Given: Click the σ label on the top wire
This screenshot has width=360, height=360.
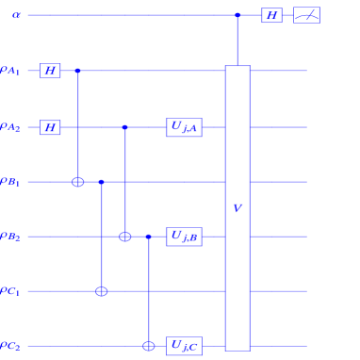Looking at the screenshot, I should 17,15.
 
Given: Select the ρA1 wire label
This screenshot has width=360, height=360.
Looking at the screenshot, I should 10,71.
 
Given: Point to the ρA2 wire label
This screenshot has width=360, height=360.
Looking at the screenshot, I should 10,127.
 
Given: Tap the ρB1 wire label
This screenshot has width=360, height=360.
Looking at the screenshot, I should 10,182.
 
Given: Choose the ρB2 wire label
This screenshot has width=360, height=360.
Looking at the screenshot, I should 10,237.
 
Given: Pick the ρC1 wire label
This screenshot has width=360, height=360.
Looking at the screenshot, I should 10,291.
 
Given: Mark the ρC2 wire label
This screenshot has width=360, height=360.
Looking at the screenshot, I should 10,346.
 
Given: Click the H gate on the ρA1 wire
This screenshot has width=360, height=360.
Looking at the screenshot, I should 50,71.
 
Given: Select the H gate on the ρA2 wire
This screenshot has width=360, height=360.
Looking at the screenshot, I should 50,127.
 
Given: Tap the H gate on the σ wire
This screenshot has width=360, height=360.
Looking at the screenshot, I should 271,15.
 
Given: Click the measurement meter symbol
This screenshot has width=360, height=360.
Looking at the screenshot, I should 306,15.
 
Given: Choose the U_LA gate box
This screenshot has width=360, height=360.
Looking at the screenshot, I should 184,127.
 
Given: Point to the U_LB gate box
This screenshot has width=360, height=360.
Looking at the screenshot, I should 184,237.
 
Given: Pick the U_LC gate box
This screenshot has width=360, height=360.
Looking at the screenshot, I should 184,346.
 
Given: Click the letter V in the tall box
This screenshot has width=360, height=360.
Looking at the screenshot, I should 237,208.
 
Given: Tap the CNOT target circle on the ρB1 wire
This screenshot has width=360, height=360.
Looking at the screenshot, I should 78,182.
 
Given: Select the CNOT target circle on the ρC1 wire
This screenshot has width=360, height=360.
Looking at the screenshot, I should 102,291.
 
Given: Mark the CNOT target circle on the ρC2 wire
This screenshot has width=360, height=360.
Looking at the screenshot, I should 149,346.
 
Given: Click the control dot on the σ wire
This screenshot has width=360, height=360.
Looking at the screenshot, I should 237,15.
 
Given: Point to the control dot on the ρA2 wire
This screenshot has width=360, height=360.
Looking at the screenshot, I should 125,127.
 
